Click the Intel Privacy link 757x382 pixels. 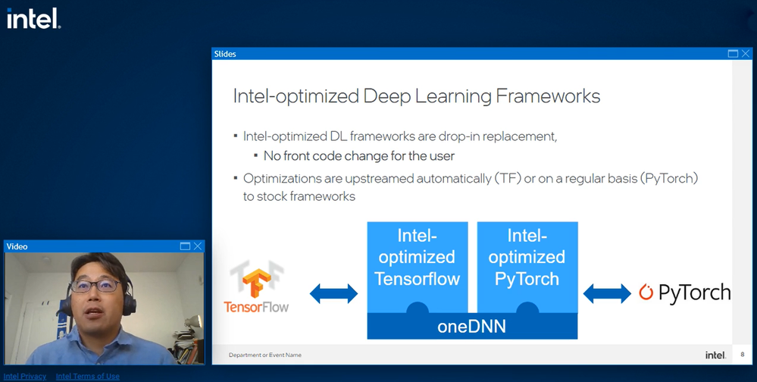(25, 376)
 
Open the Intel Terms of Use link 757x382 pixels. (88, 376)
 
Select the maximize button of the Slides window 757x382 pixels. (733, 54)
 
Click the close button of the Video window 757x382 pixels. (197, 246)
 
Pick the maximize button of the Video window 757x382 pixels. (185, 246)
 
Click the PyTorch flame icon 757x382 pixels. (646, 292)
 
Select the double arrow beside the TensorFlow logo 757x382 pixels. (333, 293)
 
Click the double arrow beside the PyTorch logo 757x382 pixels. (607, 293)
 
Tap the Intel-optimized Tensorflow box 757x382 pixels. (418, 258)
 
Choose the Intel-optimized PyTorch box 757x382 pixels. (527, 258)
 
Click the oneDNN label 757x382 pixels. (471, 327)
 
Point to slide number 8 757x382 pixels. (742, 354)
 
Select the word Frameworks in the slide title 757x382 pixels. (547, 96)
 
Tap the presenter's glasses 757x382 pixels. (96, 286)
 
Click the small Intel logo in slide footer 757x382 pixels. (715, 354)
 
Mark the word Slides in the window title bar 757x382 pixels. (225, 54)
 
